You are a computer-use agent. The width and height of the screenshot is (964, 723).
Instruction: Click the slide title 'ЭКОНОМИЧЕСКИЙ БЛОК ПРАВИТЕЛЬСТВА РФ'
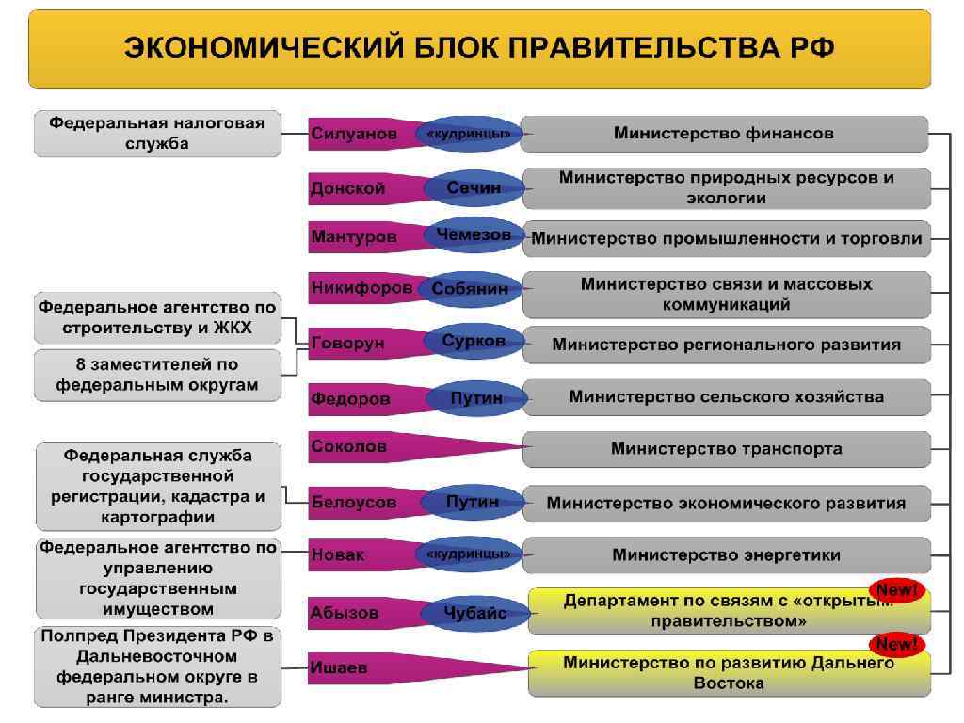coord(479,49)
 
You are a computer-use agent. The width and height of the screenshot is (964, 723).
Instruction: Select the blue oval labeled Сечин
coord(474,188)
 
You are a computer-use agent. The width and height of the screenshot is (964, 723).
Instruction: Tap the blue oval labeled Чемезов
coord(474,235)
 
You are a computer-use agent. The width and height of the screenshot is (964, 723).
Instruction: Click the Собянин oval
coord(470,289)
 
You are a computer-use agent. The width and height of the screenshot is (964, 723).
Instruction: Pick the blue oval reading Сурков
coord(474,342)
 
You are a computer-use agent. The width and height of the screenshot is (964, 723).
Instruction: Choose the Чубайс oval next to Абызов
coord(475,614)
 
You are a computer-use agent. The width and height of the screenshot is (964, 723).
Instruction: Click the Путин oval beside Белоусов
coord(473,503)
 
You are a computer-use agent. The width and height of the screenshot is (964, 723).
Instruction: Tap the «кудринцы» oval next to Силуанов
coord(469,134)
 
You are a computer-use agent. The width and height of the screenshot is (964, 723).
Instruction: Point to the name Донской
coord(347,188)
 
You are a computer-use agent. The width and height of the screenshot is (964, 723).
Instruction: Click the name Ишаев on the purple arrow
coord(339,668)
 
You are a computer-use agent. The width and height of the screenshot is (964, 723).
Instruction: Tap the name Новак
coord(337,555)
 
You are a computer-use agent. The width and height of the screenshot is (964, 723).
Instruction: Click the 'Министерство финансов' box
coord(723,134)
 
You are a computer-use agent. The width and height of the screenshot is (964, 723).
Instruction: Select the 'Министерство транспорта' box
coord(726,449)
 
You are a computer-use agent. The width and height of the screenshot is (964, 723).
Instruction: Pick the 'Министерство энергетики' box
coord(726,555)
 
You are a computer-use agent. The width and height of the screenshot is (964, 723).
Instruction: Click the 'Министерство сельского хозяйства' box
coord(726,397)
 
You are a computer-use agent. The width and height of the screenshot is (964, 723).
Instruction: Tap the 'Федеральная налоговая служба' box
coord(157,134)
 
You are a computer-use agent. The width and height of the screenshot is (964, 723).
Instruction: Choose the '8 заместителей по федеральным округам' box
coord(157,375)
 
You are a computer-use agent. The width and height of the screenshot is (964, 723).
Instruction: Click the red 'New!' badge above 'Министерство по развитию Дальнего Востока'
coord(896,645)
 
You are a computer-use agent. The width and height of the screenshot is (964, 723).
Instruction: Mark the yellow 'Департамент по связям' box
coord(726,611)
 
